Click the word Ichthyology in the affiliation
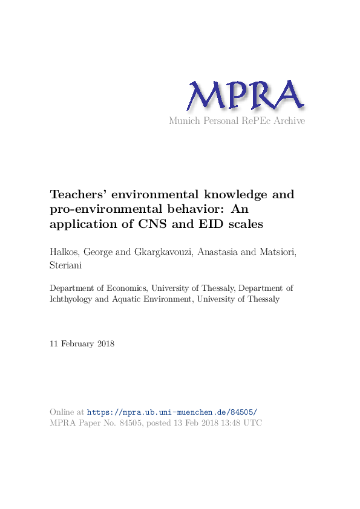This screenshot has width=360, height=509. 72,299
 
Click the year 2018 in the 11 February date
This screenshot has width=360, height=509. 103,344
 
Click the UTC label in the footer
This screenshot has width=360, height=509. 252,423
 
